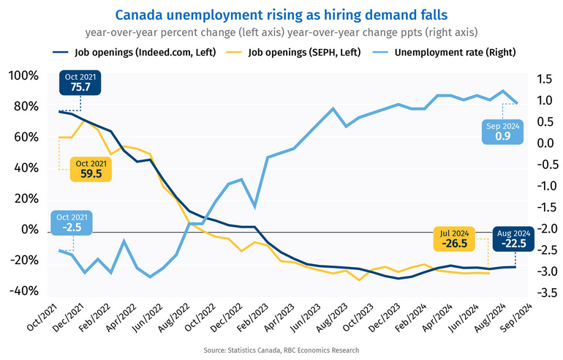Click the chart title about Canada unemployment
click(281, 14)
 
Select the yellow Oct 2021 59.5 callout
click(91, 168)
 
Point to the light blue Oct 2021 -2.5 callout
click(72, 222)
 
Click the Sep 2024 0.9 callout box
click(502, 131)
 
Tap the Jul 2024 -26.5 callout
click(454, 237)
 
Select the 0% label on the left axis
click(30, 230)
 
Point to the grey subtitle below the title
click(281, 32)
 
